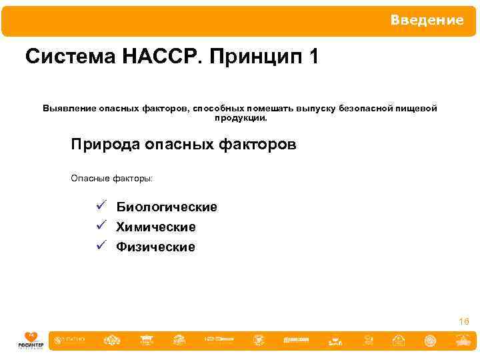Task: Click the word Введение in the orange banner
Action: (427, 21)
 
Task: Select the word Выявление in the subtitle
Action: (69, 108)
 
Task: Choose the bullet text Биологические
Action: (167, 207)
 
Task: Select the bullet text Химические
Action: (156, 227)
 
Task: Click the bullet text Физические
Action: (156, 247)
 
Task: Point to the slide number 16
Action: (464, 322)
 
